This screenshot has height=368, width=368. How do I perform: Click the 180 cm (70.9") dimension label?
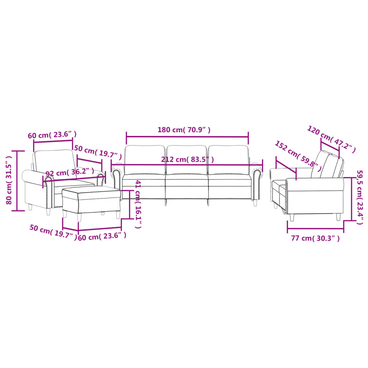(x=184, y=130)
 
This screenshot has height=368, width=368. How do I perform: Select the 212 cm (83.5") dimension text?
(x=187, y=160)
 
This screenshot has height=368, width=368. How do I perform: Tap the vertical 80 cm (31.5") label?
(x=10, y=180)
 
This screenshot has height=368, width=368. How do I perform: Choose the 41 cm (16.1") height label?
(x=138, y=204)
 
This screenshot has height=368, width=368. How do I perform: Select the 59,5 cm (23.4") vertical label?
(x=359, y=197)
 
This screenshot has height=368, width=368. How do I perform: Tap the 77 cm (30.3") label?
(x=316, y=238)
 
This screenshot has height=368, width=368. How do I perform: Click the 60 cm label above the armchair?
(x=52, y=135)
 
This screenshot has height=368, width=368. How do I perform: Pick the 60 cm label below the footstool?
(x=102, y=236)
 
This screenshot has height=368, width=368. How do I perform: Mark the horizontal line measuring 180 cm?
(x=187, y=137)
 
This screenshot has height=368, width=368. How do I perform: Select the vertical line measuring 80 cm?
(x=18, y=180)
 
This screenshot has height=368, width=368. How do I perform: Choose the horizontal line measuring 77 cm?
(x=316, y=228)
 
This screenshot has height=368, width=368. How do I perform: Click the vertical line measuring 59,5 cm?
(x=351, y=199)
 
